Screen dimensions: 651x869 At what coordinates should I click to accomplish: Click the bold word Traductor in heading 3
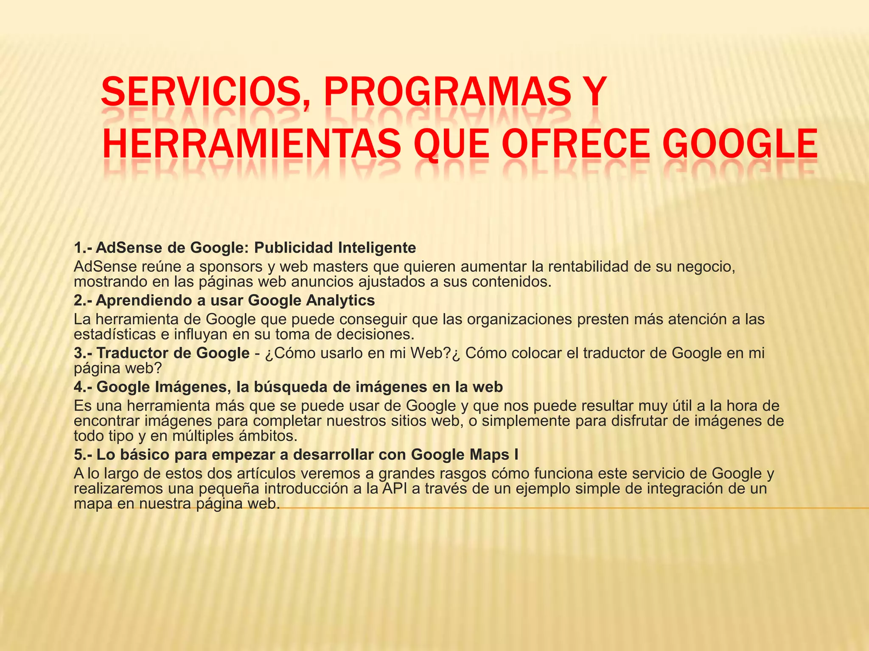pyautogui.click(x=130, y=353)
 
